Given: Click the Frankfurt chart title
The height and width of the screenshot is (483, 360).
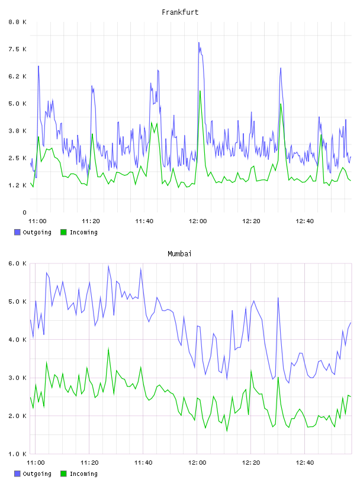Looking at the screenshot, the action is coord(180,12).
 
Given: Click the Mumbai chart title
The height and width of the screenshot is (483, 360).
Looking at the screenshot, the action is coord(179,254).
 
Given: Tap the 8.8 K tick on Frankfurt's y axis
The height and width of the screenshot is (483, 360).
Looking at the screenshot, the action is coord(18,22).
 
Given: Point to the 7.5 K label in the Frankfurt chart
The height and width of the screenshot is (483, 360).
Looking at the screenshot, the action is coord(18,49).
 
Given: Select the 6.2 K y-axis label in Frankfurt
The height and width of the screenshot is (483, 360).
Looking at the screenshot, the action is coord(18,76).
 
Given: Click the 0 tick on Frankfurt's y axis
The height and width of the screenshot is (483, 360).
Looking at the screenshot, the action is coord(25,212).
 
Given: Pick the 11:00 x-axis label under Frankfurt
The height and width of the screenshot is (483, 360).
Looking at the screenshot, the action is coord(37,221).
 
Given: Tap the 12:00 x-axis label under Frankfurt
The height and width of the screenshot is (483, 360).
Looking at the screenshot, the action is coord(198,221).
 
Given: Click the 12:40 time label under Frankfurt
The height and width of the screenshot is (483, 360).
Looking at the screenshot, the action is coord(304,221).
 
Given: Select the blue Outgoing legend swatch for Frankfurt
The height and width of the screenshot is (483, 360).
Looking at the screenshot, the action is coord(17,232).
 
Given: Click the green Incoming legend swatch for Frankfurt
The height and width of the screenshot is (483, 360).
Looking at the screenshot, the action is coord(63,232).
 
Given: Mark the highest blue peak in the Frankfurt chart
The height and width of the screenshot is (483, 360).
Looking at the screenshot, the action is coord(199,43).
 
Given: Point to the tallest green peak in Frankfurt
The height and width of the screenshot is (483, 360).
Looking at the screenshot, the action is coord(200,91).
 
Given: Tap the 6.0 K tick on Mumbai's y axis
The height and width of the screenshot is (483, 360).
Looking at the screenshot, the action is coord(18,263).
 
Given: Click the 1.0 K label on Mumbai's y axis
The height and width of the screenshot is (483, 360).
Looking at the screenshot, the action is coord(18,454).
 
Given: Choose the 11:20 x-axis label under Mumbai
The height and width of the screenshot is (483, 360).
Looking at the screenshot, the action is coord(89,463).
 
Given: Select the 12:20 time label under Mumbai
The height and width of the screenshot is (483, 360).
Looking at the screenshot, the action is coord(251,463).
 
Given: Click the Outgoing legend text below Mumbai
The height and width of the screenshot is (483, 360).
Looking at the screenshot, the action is coord(37,474).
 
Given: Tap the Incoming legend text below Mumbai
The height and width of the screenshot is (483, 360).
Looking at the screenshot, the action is coord(83,474).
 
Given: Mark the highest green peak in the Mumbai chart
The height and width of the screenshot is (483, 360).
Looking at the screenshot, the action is coord(108,348).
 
